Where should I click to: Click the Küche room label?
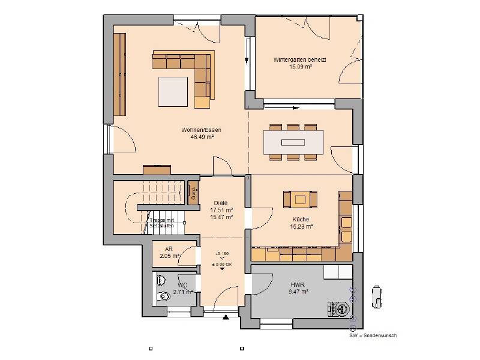tap(301, 220)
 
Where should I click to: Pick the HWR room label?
tap(298, 284)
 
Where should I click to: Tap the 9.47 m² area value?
tap(298, 292)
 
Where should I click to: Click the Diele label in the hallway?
tap(221, 203)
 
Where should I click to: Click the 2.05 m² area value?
tap(169, 256)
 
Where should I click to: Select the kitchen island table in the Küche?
tap(301, 199)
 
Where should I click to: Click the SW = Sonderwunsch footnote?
tap(373, 335)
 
